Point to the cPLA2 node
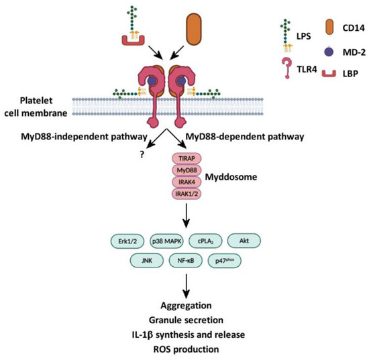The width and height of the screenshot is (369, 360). tap(207, 239)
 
